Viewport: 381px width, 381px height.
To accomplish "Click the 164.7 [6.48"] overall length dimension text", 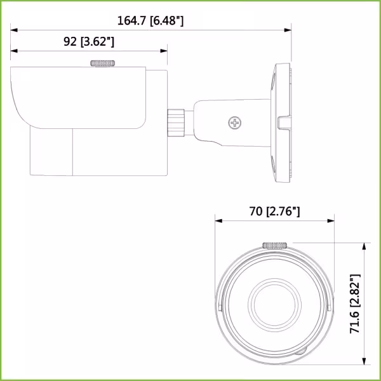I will coord(150,21).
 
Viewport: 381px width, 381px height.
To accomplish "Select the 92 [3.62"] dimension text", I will coord(89,42).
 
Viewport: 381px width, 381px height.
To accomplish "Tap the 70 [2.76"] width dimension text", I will coord(274,211).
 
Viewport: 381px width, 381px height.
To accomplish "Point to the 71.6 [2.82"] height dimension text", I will coord(356,304).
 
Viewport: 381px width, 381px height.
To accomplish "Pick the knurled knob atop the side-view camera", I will coord(103,63).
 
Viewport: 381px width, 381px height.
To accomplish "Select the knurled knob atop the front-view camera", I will coord(274,244).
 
